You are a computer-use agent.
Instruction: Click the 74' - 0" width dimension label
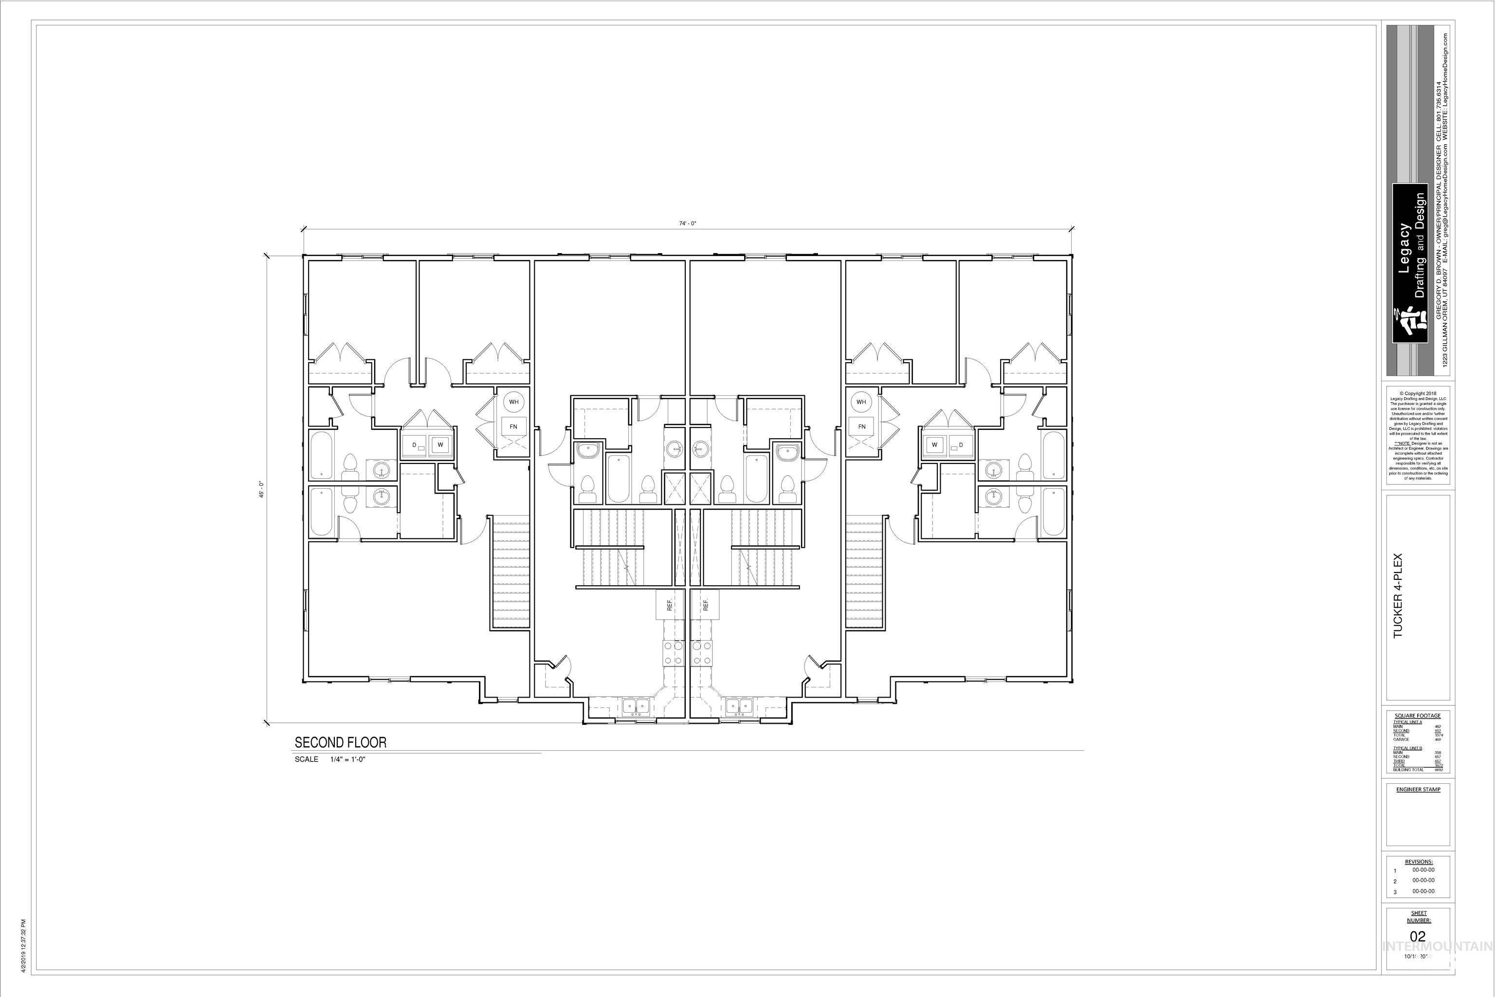pyautogui.click(x=687, y=223)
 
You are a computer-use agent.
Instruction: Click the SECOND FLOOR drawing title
pyautogui.click(x=340, y=742)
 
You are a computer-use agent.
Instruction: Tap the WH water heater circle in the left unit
pyautogui.click(x=513, y=402)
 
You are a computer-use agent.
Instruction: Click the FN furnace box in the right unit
pyautogui.click(x=861, y=426)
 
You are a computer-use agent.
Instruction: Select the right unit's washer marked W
pyautogui.click(x=934, y=444)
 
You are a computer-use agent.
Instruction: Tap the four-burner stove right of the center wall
pyautogui.click(x=702, y=653)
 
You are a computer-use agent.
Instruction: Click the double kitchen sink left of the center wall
pyautogui.click(x=635, y=706)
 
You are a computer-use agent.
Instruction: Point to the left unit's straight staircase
pyautogui.click(x=511, y=571)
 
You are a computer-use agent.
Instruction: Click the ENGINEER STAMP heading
pyautogui.click(x=1418, y=789)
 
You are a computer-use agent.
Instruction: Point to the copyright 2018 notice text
pyautogui.click(x=1418, y=393)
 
